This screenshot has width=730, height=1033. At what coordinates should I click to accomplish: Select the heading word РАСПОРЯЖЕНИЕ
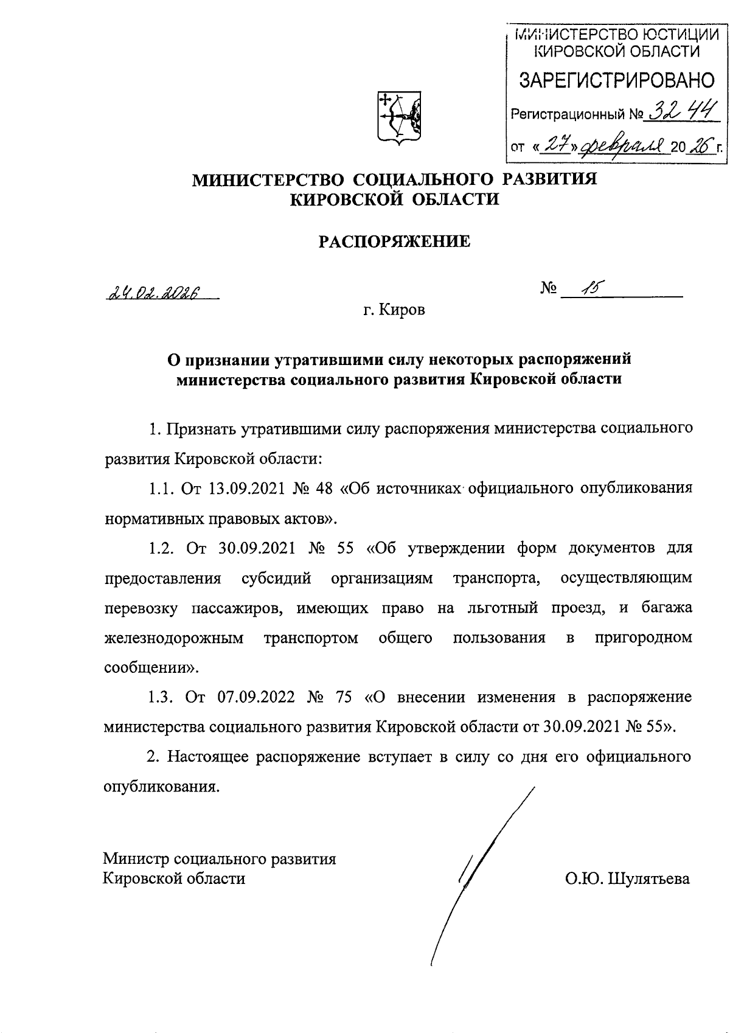click(x=395, y=242)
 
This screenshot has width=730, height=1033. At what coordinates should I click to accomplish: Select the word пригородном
click(x=643, y=638)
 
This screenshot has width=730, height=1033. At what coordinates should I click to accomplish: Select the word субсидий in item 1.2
click(x=276, y=578)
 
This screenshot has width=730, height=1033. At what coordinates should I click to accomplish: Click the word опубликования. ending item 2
click(x=161, y=787)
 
